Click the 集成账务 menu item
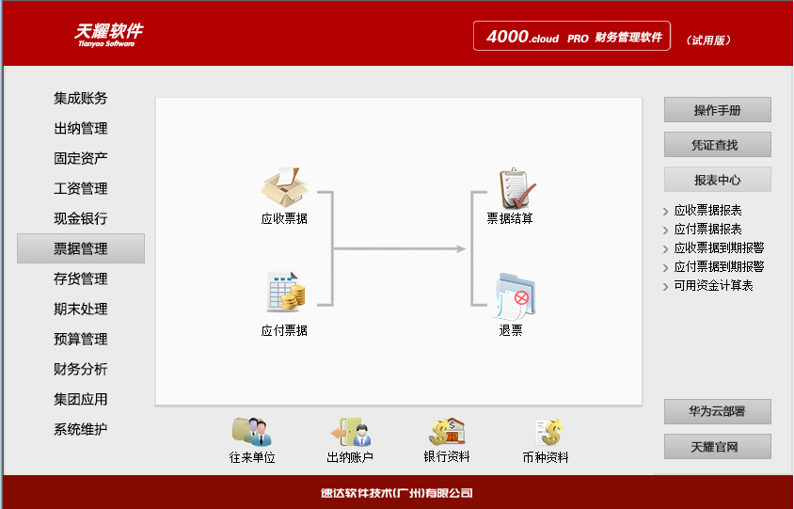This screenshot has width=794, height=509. tap(81, 98)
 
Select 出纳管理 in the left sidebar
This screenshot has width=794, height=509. tap(81, 128)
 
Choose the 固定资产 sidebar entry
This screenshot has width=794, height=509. tap(81, 158)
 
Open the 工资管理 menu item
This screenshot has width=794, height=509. tap(81, 188)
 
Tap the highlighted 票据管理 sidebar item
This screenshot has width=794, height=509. tap(81, 248)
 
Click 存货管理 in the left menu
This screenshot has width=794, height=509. tap(81, 278)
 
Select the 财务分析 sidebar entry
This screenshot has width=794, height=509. tap(81, 369)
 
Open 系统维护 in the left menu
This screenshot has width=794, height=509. tap(81, 429)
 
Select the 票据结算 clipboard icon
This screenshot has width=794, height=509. tap(516, 188)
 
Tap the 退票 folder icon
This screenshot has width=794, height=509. tap(514, 294)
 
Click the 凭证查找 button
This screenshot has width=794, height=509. tap(717, 145)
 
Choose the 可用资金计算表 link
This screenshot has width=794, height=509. tap(713, 286)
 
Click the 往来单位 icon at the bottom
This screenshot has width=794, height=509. tap(251, 432)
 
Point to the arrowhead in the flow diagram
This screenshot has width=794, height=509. tap(461, 248)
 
